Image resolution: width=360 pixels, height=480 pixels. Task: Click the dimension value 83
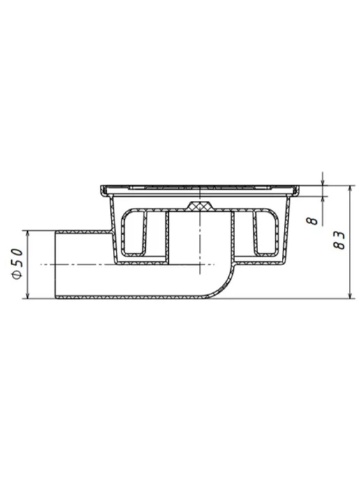point(339,240)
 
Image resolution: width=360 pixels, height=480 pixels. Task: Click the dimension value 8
point(313,221)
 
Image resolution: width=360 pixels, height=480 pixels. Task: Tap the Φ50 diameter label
point(17,264)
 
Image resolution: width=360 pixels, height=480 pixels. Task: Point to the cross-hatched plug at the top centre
point(200,207)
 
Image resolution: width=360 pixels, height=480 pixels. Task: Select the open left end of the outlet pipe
point(55,265)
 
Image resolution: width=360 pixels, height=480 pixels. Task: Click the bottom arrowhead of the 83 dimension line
point(351,295)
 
